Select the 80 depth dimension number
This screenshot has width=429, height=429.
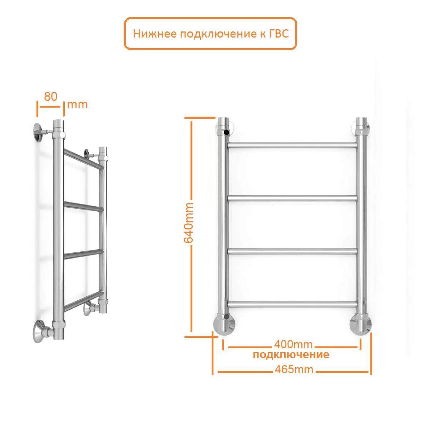point(51,97)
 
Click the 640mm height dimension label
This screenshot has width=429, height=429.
point(188,222)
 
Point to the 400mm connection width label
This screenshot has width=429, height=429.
point(293,344)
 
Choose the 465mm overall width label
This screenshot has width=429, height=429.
point(294,370)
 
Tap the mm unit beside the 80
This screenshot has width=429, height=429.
point(78,104)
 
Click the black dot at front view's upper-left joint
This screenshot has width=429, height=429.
point(227,133)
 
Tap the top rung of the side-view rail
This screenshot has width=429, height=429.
point(84,159)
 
